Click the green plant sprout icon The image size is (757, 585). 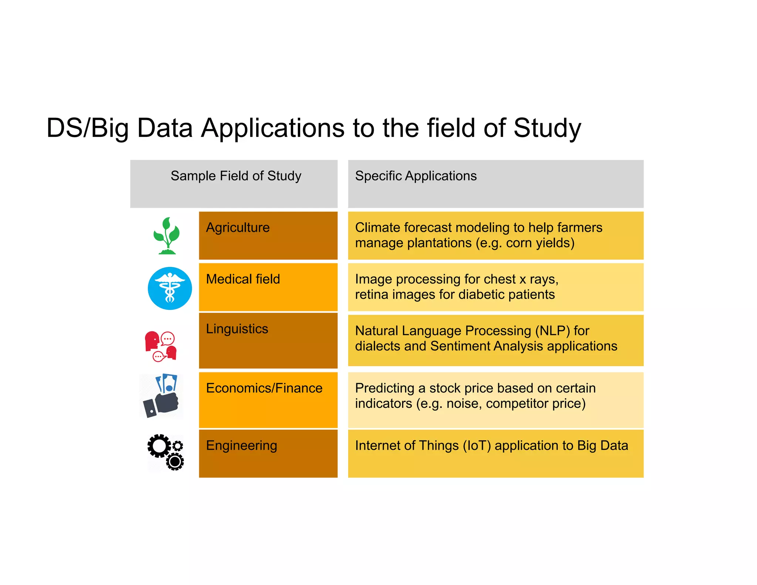(167, 236)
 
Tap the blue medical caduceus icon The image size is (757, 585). (170, 288)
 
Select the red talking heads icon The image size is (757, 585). (161, 346)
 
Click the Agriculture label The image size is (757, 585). (238, 227)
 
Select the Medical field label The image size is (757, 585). (243, 279)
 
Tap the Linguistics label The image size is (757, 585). (237, 329)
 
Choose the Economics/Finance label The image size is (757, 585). (264, 388)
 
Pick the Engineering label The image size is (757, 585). (241, 446)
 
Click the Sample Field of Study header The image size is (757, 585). (236, 176)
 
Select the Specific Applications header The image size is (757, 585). (416, 176)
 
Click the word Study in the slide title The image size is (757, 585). (547, 128)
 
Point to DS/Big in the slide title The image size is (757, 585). (87, 128)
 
